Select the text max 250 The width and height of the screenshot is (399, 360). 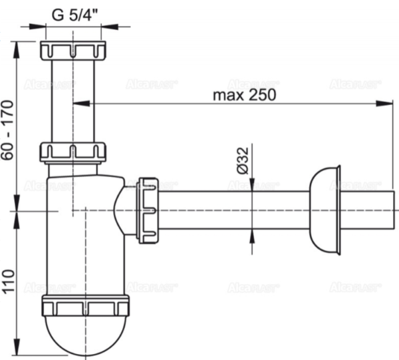243,94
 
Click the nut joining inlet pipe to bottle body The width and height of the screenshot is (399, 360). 72,152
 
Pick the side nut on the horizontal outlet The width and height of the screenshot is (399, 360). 147,208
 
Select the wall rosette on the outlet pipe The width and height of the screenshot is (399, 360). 326,209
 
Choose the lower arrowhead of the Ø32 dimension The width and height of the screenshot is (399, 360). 252,233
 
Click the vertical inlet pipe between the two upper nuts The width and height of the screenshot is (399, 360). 72,100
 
